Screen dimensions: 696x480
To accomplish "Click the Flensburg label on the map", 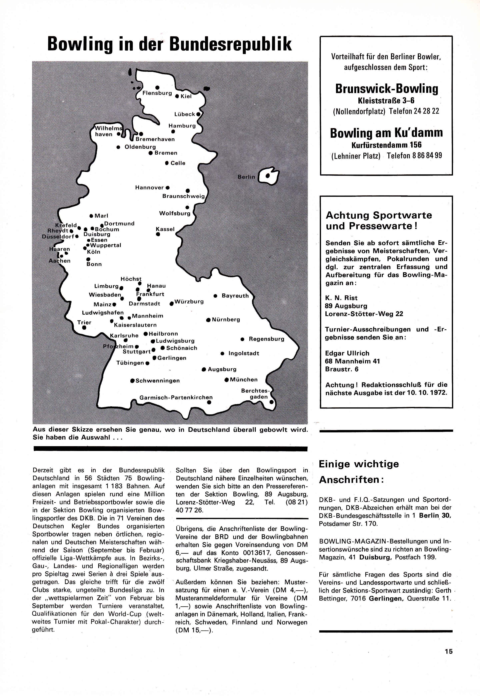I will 157,93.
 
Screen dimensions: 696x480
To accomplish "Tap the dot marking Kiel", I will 177,96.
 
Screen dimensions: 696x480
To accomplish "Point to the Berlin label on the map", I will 246,177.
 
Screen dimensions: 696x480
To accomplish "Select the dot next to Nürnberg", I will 208,320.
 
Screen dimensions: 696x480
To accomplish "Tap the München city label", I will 244,380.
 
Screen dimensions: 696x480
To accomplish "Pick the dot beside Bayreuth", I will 215,296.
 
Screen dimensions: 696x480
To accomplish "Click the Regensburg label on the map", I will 266,339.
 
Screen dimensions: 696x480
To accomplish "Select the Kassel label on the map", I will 165,229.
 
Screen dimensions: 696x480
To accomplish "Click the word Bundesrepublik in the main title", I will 230,44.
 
